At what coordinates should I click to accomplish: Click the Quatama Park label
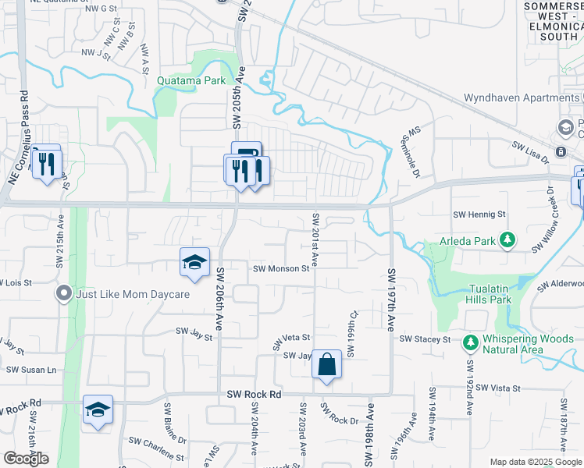pos(191,80)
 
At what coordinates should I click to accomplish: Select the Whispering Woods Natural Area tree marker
pos(470,342)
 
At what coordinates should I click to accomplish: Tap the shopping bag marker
pos(326,364)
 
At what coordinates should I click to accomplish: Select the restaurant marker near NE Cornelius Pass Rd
pos(46,163)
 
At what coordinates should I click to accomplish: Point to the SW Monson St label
pos(282,269)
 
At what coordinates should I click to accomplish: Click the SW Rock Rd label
pos(253,395)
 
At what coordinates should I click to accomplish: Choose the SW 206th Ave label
pos(220,300)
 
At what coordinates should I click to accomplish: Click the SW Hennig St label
pos(479,214)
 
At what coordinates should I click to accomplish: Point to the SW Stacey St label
pos(425,339)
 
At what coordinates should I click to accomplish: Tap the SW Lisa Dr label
pos(531,147)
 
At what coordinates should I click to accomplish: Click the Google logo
pos(26,458)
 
